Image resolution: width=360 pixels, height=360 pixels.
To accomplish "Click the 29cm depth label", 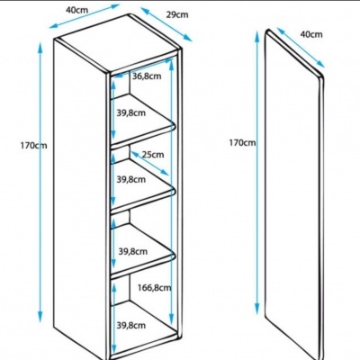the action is click(177, 14).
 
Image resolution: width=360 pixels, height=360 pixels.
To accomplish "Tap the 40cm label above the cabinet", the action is click(77, 10).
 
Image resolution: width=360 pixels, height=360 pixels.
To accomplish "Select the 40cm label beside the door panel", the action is click(311, 34).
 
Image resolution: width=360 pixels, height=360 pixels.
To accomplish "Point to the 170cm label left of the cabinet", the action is click(34, 146).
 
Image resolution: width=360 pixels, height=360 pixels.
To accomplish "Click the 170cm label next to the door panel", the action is click(242, 143).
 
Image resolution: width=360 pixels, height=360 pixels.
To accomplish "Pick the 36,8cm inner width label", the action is click(147, 76).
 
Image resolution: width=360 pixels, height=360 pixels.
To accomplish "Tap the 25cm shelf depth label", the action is click(153, 155).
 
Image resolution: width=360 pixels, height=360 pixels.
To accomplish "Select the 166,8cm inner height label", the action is click(154, 288).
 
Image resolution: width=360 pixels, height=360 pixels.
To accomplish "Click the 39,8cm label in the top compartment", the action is click(131, 113).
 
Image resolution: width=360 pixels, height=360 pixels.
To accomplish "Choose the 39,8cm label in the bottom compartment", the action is click(131, 325).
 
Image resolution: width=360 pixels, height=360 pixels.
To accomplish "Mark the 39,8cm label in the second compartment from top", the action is click(131, 180).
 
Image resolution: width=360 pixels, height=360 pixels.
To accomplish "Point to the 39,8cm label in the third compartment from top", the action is click(133, 251).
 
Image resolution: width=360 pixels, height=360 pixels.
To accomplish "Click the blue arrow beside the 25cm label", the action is click(149, 163).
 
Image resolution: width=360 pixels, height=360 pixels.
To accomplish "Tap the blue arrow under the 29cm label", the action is click(166, 24).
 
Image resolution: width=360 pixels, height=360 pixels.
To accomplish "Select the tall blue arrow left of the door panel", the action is click(257, 173).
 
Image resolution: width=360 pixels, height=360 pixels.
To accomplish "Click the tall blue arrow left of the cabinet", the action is click(40, 182).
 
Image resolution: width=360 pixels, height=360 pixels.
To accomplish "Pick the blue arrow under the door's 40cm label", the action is click(301, 48).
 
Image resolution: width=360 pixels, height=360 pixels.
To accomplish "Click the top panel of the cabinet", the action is click(117, 42).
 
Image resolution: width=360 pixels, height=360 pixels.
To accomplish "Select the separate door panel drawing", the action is click(294, 195).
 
